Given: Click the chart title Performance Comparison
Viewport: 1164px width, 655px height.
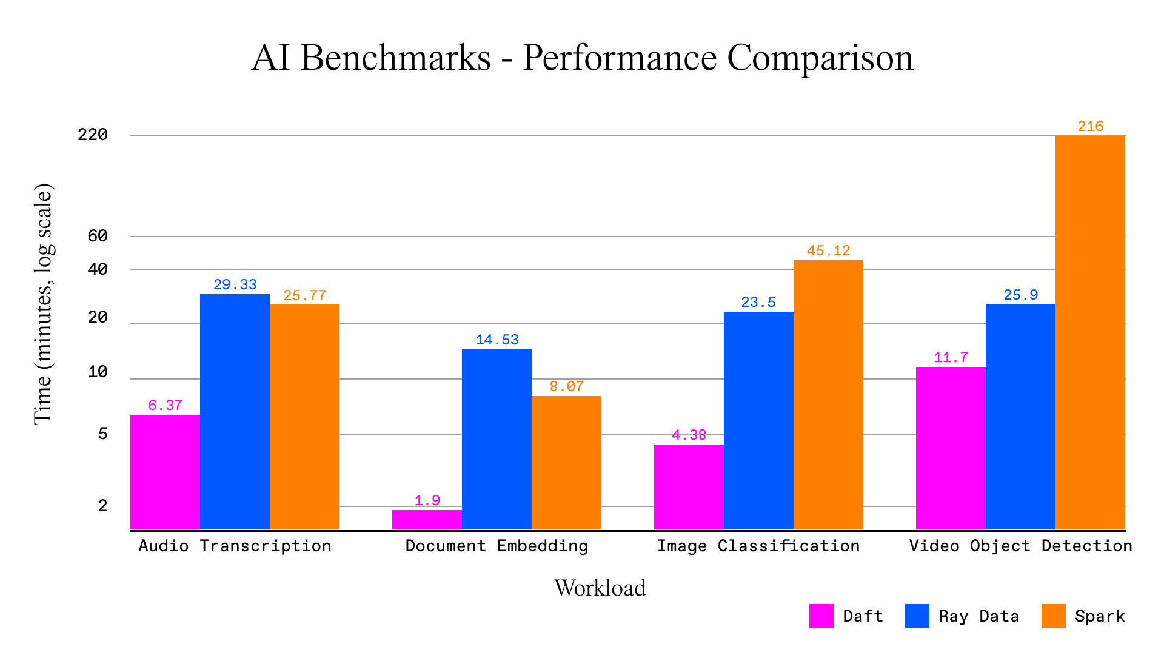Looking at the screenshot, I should [x=582, y=58].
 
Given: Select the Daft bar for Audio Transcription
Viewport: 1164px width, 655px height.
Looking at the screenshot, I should [x=165, y=472].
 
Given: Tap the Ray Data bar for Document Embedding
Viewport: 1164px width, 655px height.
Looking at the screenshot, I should [x=497, y=439].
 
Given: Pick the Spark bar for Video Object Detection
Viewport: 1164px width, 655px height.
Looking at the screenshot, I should [x=1089, y=332].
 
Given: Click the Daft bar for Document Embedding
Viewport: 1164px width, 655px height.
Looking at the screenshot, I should [x=427, y=520].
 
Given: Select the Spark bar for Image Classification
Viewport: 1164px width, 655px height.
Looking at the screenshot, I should [x=828, y=394].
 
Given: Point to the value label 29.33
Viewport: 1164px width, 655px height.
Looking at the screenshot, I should [x=235, y=284].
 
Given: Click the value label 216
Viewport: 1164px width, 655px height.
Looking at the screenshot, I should [x=1090, y=126].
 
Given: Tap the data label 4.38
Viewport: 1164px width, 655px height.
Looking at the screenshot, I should [x=689, y=435].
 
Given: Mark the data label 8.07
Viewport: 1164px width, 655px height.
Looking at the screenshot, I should [x=566, y=386].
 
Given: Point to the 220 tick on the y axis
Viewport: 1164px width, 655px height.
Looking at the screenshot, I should [x=93, y=135].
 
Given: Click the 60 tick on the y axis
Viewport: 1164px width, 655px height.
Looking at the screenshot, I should [x=98, y=236].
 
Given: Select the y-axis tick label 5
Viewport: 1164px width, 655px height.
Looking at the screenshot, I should [x=102, y=434].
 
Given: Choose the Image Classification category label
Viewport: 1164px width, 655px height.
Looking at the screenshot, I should [x=758, y=546].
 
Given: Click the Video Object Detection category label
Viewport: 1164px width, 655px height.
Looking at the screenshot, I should [x=1020, y=546].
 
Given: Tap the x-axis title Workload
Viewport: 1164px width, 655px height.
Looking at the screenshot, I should [x=600, y=588].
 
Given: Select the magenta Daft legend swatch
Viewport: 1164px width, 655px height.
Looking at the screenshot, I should [x=821, y=616].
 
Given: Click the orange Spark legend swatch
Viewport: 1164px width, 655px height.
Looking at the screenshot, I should [x=1053, y=616].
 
